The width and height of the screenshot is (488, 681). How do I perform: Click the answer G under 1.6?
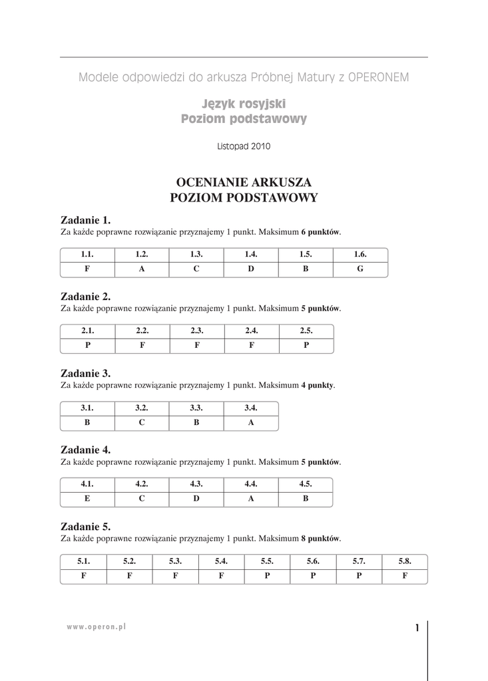click(360, 269)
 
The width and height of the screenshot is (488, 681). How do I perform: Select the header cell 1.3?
click(196, 254)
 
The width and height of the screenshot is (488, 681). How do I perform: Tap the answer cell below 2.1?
click(87, 346)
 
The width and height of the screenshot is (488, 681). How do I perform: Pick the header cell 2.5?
click(306, 331)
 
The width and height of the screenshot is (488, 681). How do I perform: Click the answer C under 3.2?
click(142, 422)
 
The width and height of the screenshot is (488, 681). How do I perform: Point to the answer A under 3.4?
click(251, 422)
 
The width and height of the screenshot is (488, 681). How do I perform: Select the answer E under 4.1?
click(87, 498)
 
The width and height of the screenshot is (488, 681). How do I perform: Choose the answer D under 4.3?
click(196, 498)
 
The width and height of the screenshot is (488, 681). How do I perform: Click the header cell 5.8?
click(405, 561)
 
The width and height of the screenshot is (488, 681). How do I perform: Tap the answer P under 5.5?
click(267, 576)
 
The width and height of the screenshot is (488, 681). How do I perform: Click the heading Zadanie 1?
click(85, 220)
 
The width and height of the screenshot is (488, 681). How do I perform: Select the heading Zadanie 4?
click(85, 450)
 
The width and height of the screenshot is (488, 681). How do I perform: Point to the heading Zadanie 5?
click(85, 527)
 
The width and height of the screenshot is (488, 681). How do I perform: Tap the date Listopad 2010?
click(244, 147)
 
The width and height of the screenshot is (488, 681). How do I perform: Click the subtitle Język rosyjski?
click(244, 104)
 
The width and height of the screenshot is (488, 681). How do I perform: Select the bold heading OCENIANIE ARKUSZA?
click(244, 182)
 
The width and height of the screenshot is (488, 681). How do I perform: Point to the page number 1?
click(417, 628)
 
